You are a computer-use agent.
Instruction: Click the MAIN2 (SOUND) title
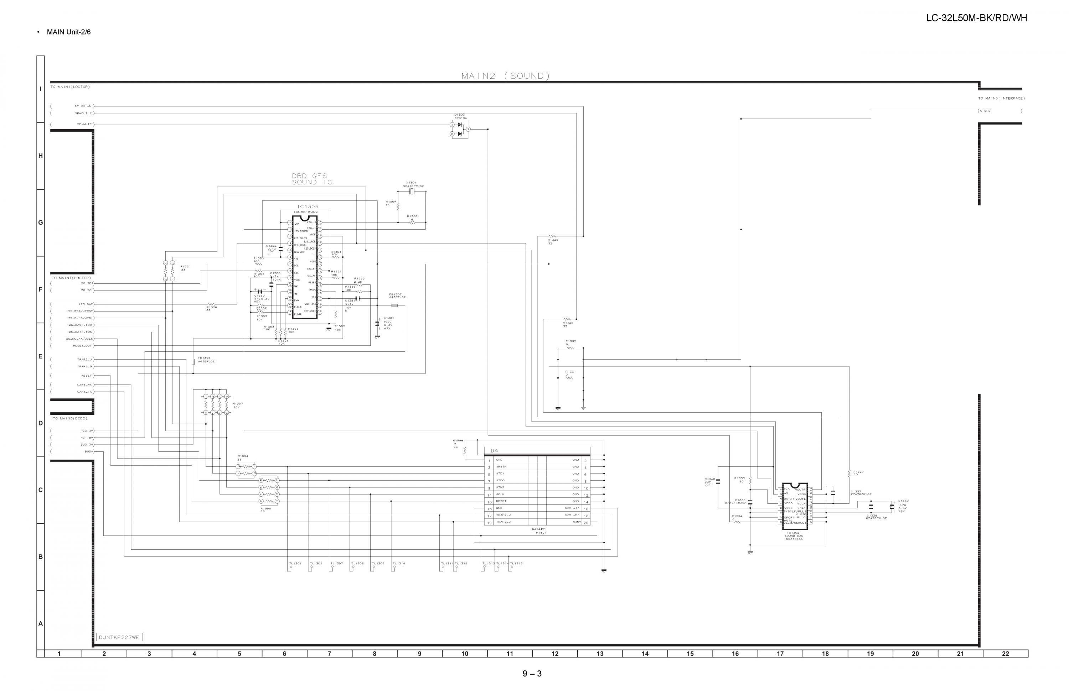pos(505,76)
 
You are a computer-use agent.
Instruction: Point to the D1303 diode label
pos(459,114)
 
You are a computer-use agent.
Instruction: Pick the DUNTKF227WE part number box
pos(119,637)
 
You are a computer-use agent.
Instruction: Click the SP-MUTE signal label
pos(84,124)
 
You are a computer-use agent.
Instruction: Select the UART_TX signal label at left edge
pos(84,392)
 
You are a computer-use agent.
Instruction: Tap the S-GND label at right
pos(985,111)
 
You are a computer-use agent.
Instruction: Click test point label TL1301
pos(295,563)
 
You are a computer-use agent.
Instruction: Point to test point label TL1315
pos(516,563)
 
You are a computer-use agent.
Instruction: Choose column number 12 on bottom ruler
pos(555,654)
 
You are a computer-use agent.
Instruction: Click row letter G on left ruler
pos(40,223)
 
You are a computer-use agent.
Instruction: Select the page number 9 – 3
pos(532,674)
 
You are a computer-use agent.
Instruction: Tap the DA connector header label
pos(494,450)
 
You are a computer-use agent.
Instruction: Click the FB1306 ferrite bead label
pos(203,358)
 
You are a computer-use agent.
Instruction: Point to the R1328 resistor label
pos(553,240)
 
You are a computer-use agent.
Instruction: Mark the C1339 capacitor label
pos(903,501)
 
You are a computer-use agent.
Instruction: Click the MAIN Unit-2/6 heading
pos(69,32)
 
